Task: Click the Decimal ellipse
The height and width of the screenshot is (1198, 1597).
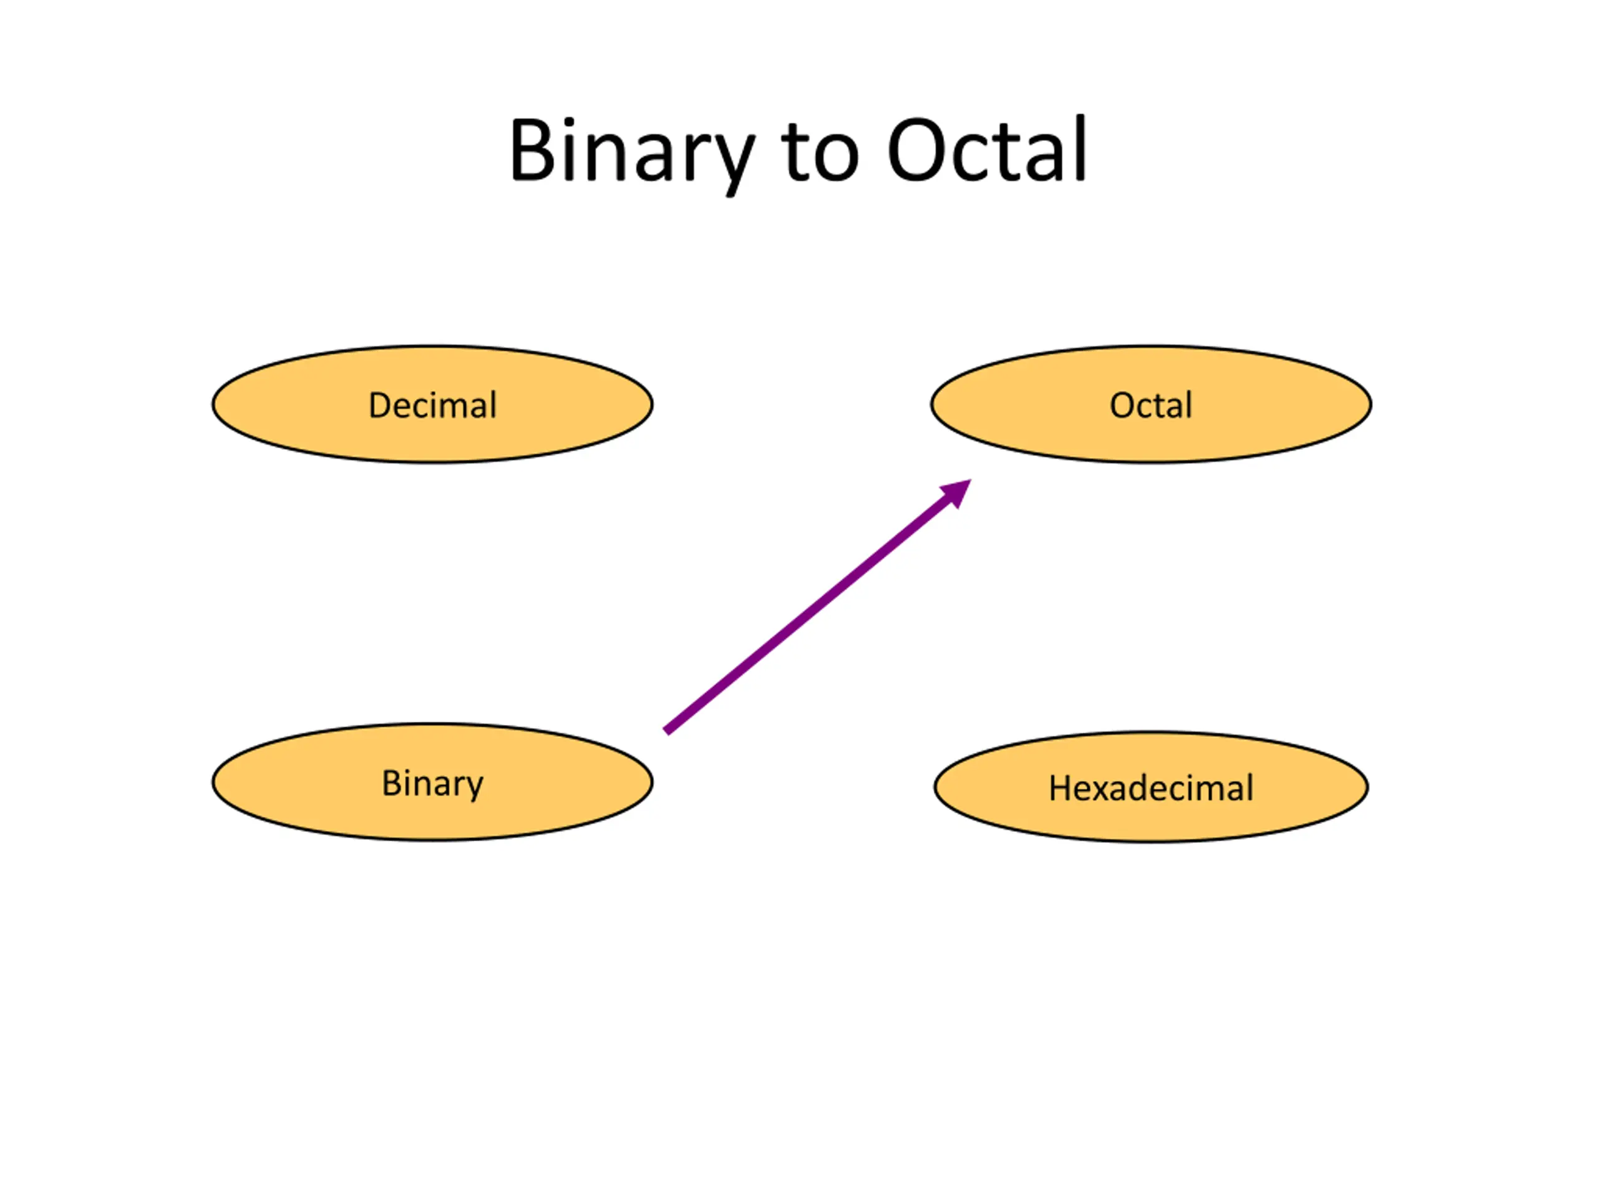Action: (432, 404)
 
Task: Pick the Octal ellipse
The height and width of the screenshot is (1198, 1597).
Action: (1151, 404)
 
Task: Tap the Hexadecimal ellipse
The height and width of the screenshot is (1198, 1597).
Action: (1151, 787)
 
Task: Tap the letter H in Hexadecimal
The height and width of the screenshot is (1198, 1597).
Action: (1061, 788)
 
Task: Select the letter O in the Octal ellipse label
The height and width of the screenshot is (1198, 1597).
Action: (1123, 405)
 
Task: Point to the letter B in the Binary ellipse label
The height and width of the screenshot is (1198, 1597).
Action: (391, 783)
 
